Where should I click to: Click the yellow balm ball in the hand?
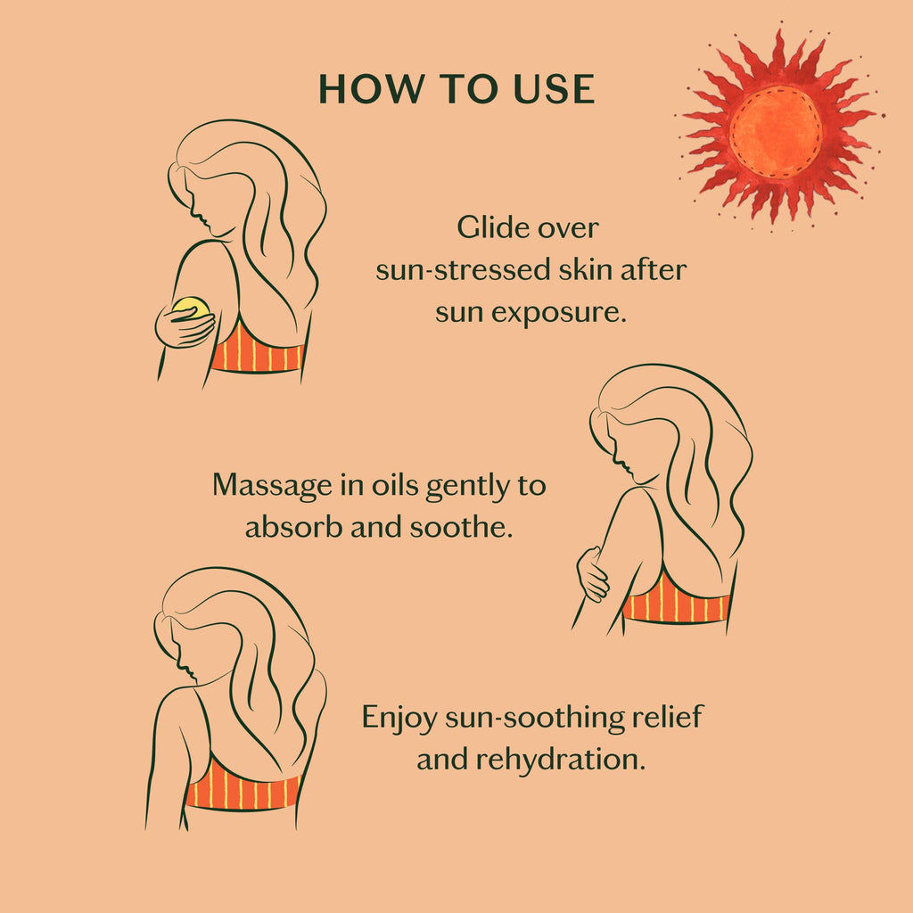(x=191, y=309)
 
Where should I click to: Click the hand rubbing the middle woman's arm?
(x=593, y=574)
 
